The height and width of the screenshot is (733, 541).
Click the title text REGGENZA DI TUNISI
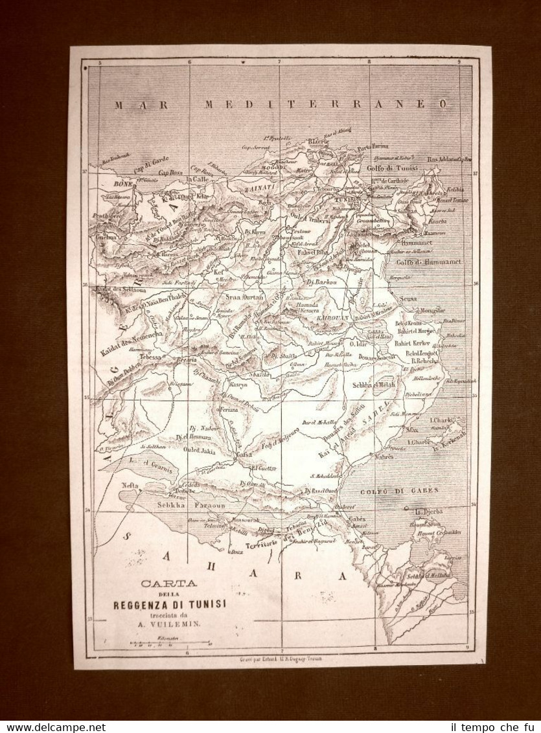pyautogui.click(x=169, y=604)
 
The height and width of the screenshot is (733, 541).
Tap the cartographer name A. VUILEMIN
pyautogui.click(x=169, y=624)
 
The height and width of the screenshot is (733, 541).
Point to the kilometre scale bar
pyautogui.click(x=170, y=644)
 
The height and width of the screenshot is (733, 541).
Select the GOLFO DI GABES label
pyautogui.click(x=401, y=490)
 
